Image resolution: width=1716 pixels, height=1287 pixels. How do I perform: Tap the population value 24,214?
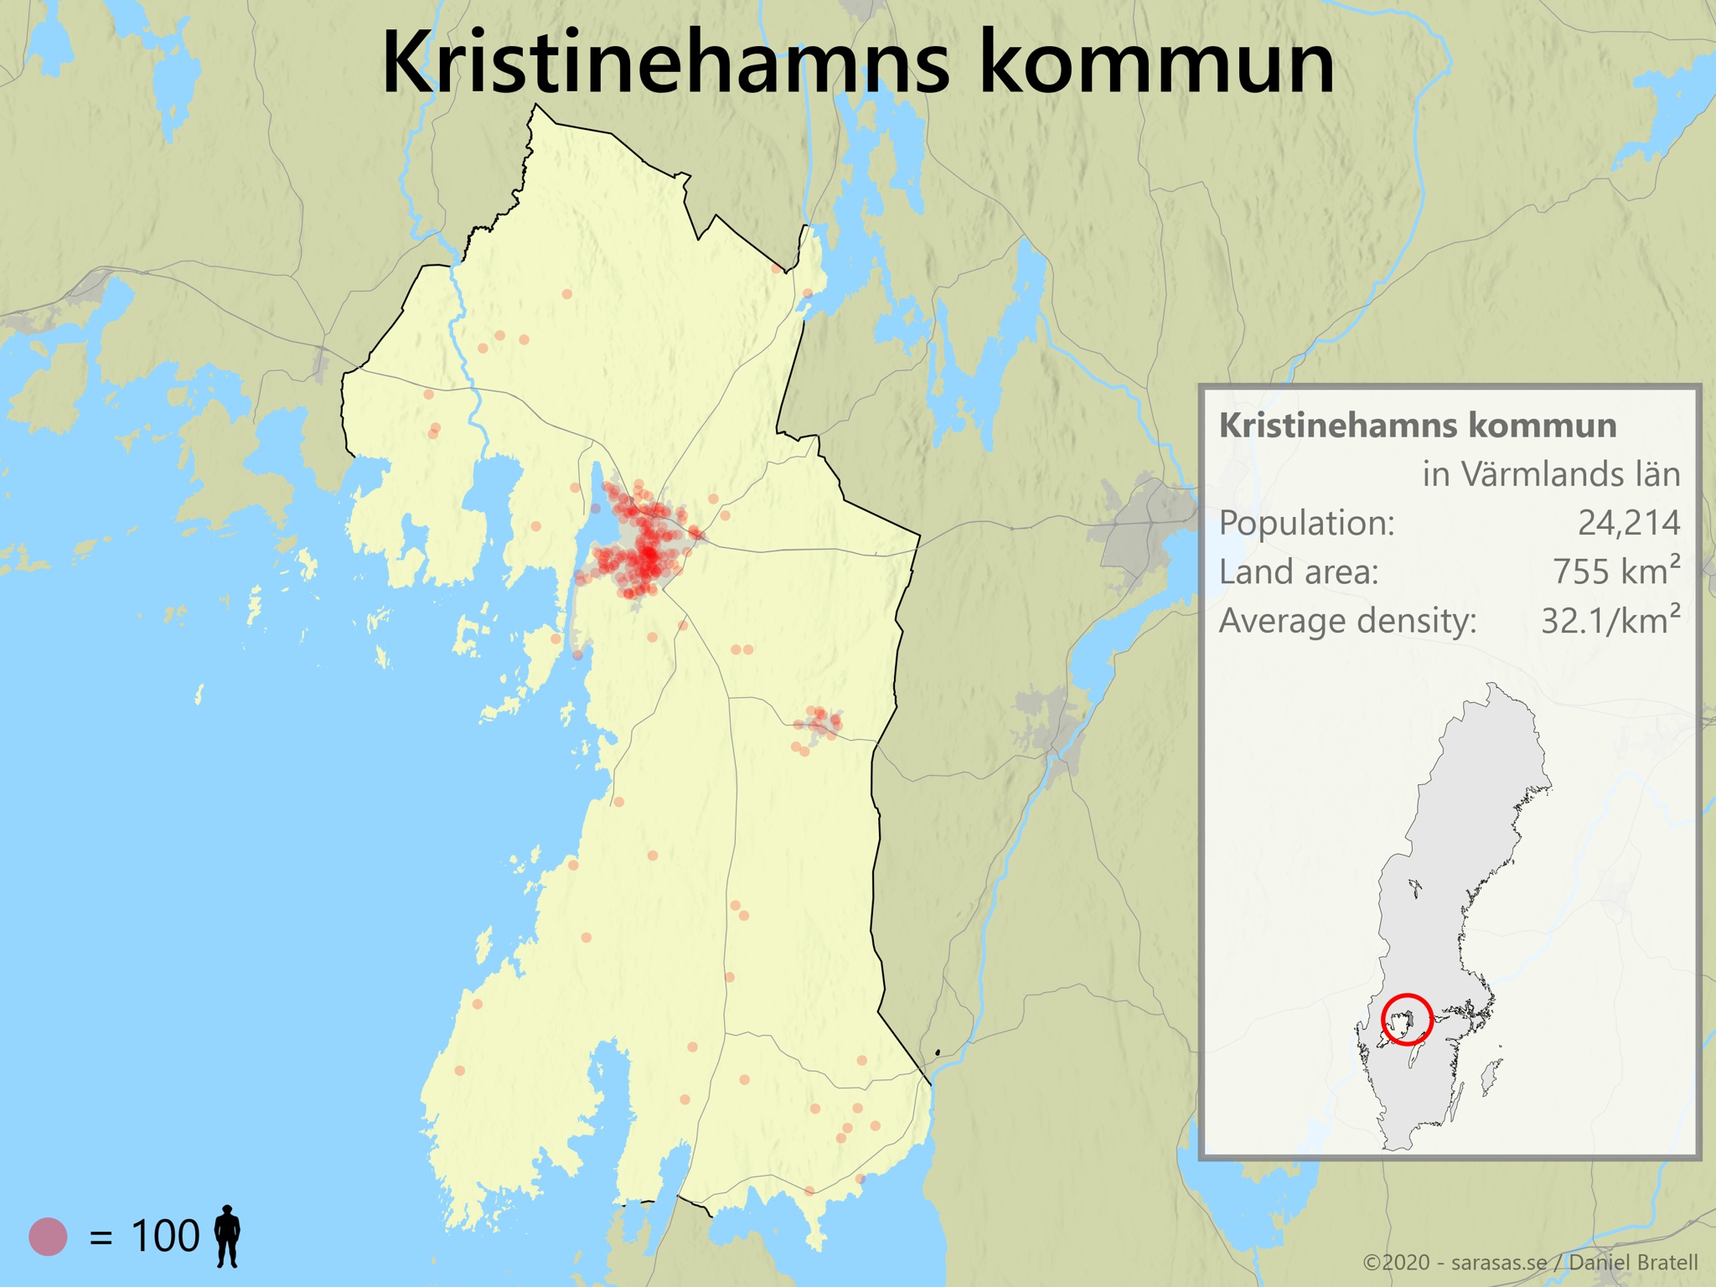click(1628, 524)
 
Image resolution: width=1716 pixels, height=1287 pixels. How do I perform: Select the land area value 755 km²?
click(1616, 572)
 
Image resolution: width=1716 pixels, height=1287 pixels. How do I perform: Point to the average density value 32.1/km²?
click(1610, 621)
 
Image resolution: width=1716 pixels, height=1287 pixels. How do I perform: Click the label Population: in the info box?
click(1306, 524)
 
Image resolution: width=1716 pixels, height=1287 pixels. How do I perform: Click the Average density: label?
click(1347, 622)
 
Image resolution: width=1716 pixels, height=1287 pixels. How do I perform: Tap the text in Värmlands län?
click(1551, 475)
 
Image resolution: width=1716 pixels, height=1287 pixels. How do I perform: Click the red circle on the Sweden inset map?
click(1407, 1019)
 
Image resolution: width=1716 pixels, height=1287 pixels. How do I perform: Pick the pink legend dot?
click(48, 1236)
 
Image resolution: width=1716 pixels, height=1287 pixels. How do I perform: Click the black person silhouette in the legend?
click(227, 1236)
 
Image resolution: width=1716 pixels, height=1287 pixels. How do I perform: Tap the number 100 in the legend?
click(165, 1237)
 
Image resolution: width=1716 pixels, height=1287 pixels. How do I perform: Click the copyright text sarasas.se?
click(1499, 1263)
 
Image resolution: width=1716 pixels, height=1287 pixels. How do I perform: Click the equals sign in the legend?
click(101, 1238)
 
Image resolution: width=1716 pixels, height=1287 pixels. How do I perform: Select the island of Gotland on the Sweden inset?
click(1491, 1077)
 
